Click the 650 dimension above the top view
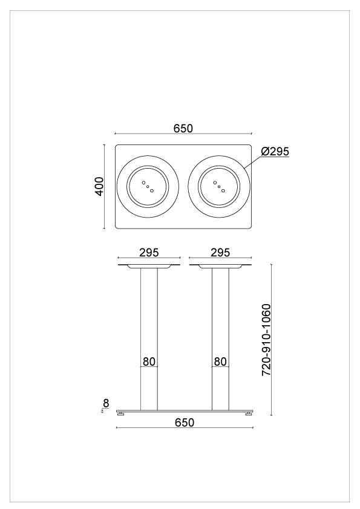coord(183,129)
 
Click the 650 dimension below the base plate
coord(184,423)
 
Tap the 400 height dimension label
coord(99,186)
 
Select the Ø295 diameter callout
coord(275,151)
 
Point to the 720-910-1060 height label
coord(266,340)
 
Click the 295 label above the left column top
coord(149,252)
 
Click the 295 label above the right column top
coord(220,252)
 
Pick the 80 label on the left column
coord(149,361)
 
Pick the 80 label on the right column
coord(220,361)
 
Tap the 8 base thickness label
coord(106,403)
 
